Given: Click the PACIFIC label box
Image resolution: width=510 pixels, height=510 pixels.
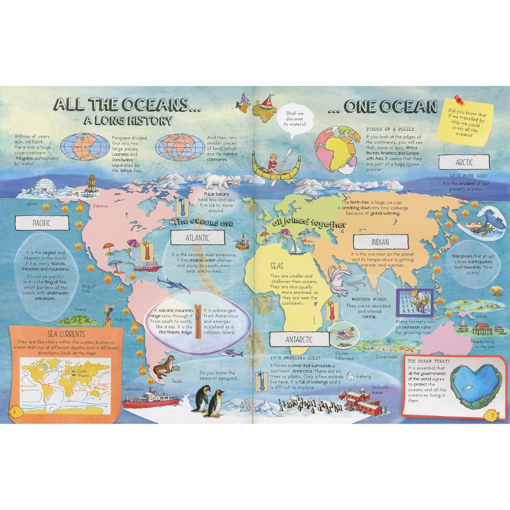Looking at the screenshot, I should (x=42, y=223).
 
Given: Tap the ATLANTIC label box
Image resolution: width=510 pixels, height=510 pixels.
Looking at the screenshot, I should (x=198, y=238).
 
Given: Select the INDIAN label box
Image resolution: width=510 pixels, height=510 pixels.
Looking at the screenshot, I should (x=380, y=242).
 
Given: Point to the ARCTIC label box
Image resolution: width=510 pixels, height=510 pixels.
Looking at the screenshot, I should (x=464, y=162).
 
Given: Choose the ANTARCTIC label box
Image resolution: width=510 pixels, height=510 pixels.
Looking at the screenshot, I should (x=299, y=339).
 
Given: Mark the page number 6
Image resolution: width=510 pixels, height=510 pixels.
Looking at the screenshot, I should (x=14, y=411).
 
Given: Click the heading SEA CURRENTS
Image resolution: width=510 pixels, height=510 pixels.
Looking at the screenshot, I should (x=66, y=333).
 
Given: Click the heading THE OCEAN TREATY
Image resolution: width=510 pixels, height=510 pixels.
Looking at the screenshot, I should (x=429, y=361).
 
